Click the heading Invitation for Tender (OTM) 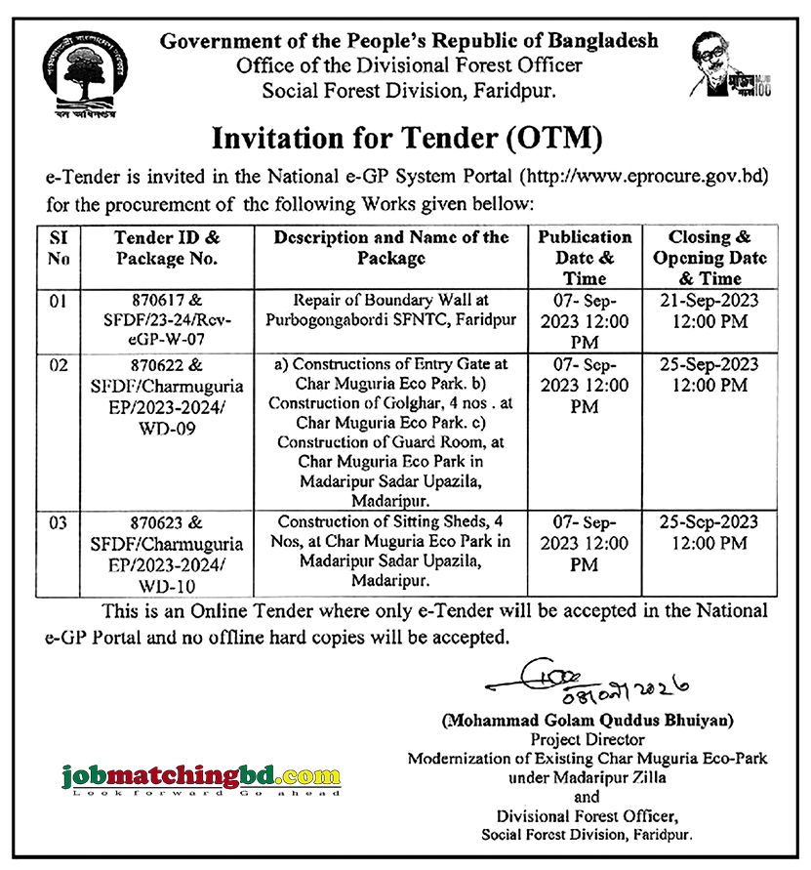(x=405, y=139)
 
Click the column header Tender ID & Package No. (x=167, y=248)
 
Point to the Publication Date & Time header (x=585, y=258)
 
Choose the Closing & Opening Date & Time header (x=710, y=258)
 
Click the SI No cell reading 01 (x=58, y=301)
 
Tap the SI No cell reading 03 (x=58, y=523)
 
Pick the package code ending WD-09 (x=167, y=426)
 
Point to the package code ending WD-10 (x=167, y=584)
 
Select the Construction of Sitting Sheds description (x=394, y=551)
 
